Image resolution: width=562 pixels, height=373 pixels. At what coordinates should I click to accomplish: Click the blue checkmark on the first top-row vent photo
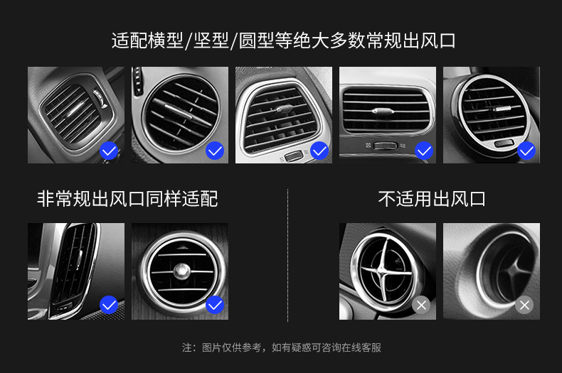[x=109, y=151]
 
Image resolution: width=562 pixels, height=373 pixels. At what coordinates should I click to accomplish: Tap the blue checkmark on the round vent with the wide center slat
[x=215, y=151]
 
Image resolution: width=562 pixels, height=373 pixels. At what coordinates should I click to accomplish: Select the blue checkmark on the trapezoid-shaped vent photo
[x=319, y=151]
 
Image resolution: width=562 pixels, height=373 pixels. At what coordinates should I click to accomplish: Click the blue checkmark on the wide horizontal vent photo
[x=424, y=151]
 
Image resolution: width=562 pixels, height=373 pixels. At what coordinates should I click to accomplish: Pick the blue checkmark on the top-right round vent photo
[x=526, y=151]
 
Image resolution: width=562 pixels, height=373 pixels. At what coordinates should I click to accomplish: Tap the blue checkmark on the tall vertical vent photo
[x=109, y=305]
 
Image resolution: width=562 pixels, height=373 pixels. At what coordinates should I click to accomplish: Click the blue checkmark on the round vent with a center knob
[x=215, y=305]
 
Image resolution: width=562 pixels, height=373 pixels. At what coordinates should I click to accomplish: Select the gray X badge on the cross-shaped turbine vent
[x=421, y=306]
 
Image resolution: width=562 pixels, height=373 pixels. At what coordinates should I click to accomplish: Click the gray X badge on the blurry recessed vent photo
[x=524, y=306]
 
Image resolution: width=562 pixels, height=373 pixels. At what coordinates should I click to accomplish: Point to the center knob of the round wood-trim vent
[x=181, y=271]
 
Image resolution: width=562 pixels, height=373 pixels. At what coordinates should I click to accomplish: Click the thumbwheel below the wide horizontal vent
[x=386, y=146]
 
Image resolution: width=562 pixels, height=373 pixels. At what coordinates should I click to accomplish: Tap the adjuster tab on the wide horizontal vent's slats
[x=383, y=111]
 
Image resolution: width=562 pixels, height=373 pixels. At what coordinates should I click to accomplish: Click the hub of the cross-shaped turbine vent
[x=383, y=271]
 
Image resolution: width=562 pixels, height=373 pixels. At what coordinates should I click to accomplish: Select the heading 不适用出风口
[x=432, y=199]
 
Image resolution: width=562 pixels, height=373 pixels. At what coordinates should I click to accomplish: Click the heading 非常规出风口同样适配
[x=127, y=199]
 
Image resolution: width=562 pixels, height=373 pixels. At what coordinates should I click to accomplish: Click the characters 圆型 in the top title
[x=257, y=40]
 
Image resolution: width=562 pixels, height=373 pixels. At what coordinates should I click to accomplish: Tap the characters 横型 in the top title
[x=165, y=40]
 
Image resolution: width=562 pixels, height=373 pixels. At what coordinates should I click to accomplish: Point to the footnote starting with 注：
[x=282, y=347]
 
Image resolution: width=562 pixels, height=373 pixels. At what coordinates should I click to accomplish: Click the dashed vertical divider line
[x=287, y=255]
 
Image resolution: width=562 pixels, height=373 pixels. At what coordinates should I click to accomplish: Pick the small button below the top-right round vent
[x=503, y=144]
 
